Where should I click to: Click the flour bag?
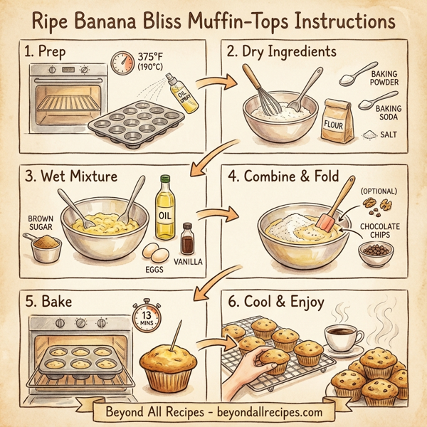pos(339,122)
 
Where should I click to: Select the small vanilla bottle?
pos(188,240)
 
